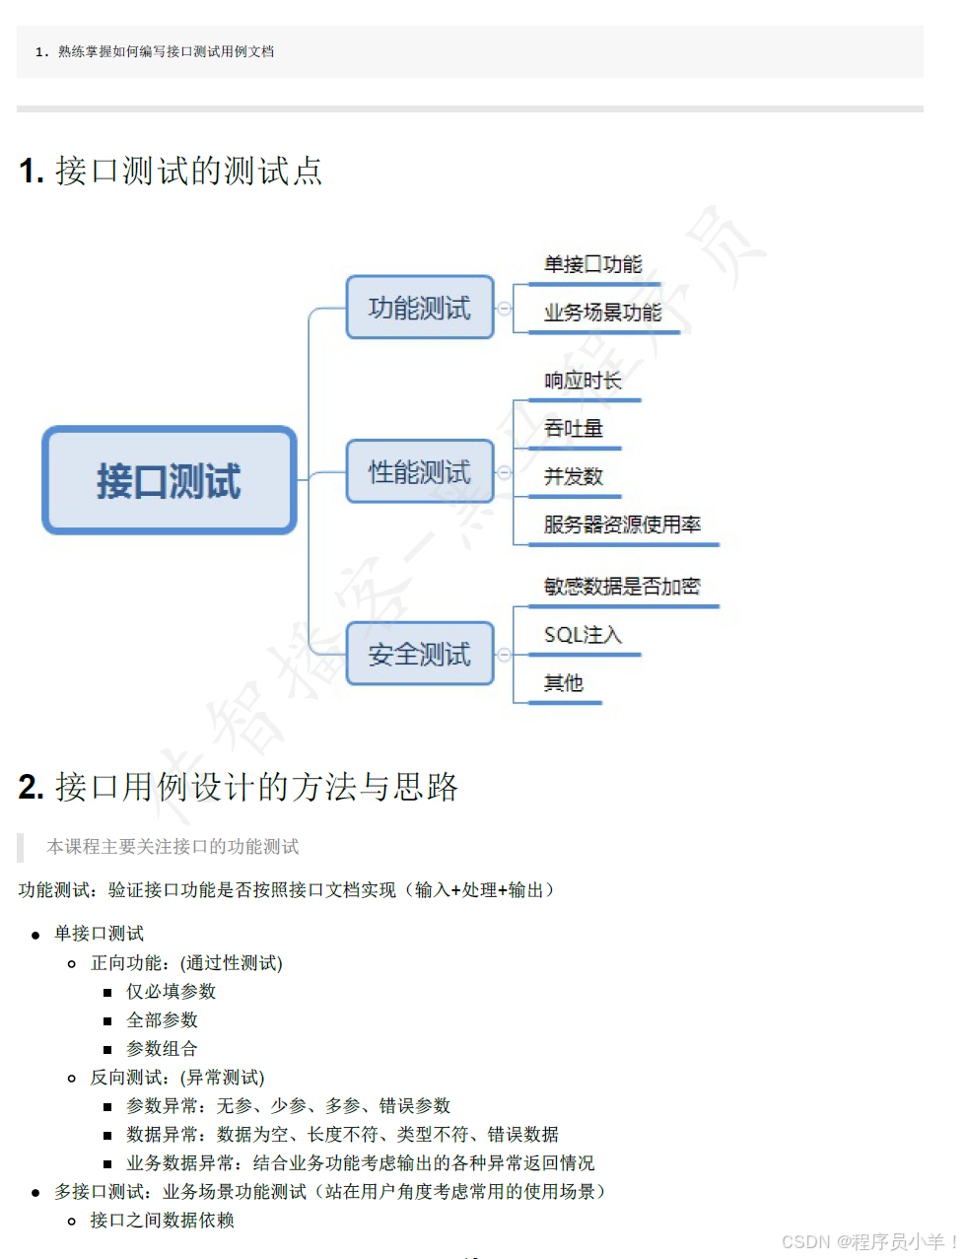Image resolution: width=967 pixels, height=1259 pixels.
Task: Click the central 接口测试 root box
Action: pyautogui.click(x=170, y=481)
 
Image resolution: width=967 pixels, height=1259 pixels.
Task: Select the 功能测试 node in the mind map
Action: pyautogui.click(x=420, y=308)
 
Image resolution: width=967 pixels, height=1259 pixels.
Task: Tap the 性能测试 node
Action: pyautogui.click(x=420, y=472)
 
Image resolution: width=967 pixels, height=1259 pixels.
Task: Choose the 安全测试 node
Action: pyautogui.click(x=420, y=654)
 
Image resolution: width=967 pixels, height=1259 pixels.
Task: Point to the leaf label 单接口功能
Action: pyautogui.click(x=592, y=264)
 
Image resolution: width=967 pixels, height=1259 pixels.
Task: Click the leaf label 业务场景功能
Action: pyautogui.click(x=602, y=313)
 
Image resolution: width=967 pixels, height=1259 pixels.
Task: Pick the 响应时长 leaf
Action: pyautogui.click(x=583, y=381)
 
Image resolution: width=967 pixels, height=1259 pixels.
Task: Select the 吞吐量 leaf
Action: pyautogui.click(x=573, y=428)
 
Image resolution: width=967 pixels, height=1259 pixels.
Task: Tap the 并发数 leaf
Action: pyautogui.click(x=573, y=476)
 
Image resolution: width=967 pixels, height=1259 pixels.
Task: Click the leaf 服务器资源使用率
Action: pyautogui.click(x=622, y=525)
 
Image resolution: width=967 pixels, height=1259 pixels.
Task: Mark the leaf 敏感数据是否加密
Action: pyautogui.click(x=622, y=587)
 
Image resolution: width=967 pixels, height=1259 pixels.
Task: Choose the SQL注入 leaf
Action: pyautogui.click(x=583, y=635)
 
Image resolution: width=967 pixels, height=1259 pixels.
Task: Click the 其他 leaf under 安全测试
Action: pyautogui.click(x=563, y=683)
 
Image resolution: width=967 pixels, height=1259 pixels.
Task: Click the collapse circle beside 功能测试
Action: pyautogui.click(x=504, y=309)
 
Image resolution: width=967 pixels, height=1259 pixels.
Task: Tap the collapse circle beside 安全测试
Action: pyautogui.click(x=504, y=655)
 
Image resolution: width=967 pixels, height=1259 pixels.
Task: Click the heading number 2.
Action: pyautogui.click(x=30, y=787)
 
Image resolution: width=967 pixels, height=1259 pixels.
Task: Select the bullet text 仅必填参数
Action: pyautogui.click(x=171, y=992)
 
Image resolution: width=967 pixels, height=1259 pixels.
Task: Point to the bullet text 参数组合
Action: pyautogui.click(x=162, y=1049)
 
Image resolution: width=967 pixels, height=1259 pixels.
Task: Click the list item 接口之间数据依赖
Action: pyautogui.click(x=162, y=1221)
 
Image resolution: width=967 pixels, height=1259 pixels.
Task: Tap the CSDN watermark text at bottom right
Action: pyautogui.click(x=869, y=1241)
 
